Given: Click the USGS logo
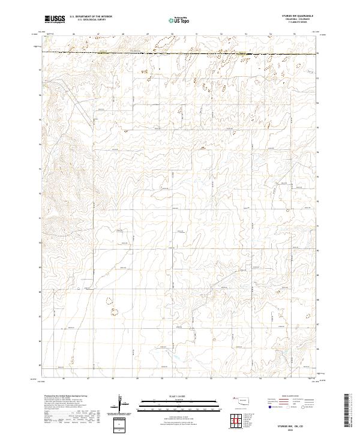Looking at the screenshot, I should (55, 20).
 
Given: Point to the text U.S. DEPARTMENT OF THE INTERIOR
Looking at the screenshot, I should (91, 17).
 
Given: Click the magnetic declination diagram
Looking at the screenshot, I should (122, 402).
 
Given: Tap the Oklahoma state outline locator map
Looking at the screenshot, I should (241, 400).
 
